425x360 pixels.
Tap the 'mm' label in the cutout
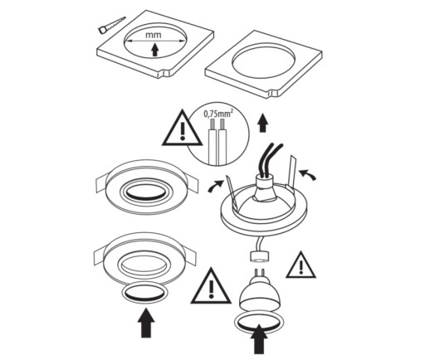click(154, 36)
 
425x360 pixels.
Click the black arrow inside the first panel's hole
click(155, 50)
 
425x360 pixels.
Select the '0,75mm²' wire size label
click(218, 114)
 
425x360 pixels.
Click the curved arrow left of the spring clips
click(215, 186)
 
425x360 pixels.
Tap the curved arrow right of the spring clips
click(308, 174)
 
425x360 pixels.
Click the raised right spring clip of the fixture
click(291, 172)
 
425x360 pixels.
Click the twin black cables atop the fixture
click(269, 159)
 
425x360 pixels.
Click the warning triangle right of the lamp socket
click(301, 265)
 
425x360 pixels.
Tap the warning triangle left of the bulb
click(211, 286)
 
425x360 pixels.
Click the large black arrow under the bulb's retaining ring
click(259, 339)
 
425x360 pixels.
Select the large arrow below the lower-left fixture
click(146, 324)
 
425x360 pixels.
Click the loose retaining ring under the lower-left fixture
click(144, 293)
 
